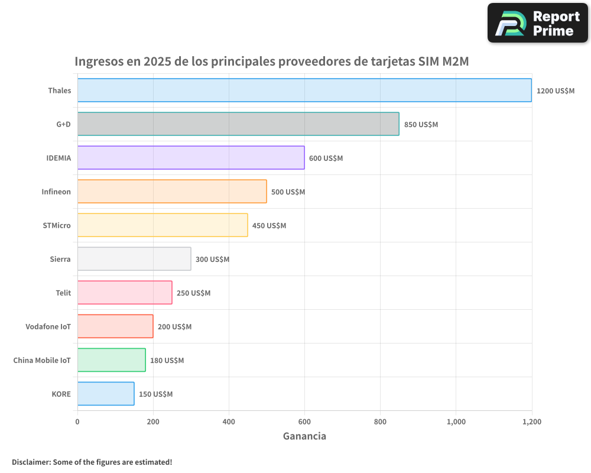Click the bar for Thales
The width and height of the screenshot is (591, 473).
(304, 90)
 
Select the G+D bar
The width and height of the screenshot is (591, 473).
(238, 124)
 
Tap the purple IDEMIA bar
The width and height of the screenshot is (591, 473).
(191, 158)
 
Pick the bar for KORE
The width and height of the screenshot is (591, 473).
(106, 394)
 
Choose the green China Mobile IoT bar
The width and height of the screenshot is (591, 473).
(111, 360)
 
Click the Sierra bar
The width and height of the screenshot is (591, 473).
(134, 259)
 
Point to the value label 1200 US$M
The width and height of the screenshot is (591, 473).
(555, 91)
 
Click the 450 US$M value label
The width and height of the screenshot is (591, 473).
(269, 226)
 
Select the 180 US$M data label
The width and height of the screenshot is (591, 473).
(167, 361)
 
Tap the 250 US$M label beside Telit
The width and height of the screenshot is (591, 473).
(193, 293)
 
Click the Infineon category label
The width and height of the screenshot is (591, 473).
(56, 192)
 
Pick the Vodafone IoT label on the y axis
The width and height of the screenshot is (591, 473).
(48, 326)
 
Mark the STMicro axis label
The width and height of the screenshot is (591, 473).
(57, 225)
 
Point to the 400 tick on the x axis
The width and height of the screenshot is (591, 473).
(229, 422)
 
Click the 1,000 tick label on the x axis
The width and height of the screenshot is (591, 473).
(456, 422)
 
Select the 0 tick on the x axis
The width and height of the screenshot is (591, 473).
(77, 422)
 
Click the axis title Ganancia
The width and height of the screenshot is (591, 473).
(304, 436)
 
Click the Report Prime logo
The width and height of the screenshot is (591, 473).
(537, 23)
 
